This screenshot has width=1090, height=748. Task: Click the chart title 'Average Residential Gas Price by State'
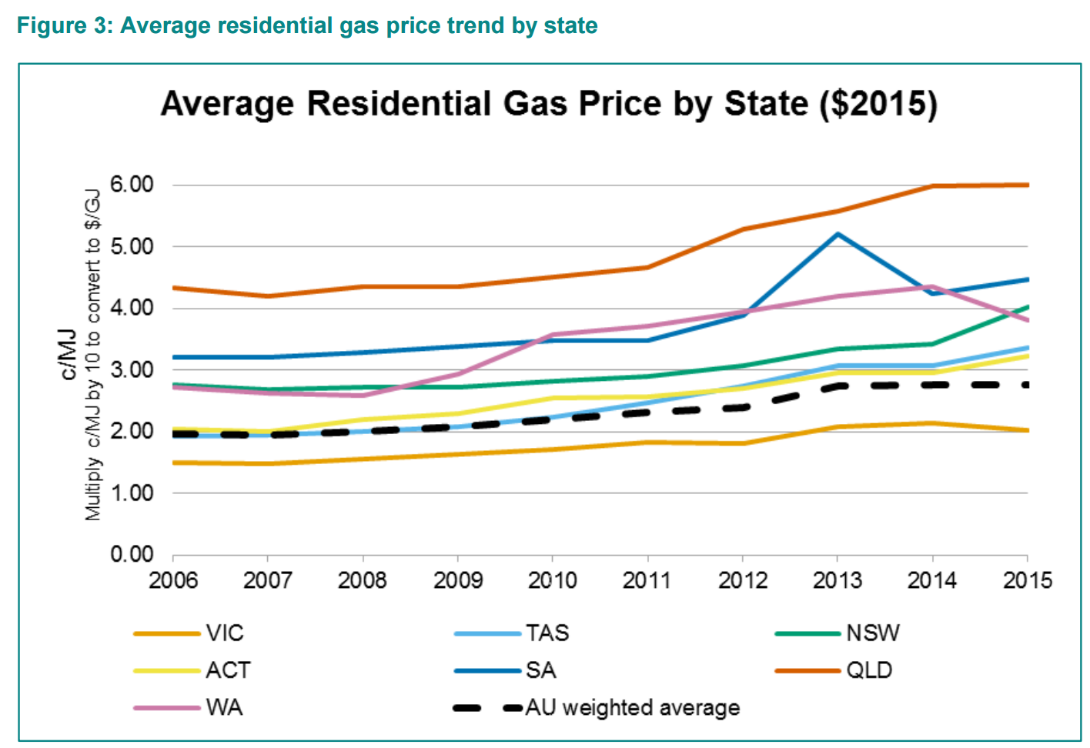(548, 104)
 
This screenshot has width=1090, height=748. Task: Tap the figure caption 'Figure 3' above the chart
(306, 25)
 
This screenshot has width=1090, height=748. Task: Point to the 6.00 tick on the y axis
(132, 185)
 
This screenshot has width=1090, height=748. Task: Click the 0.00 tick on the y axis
(132, 554)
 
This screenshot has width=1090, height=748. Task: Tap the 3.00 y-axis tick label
(132, 369)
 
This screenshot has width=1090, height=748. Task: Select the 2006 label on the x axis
(173, 580)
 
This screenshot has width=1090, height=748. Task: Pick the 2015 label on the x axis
(1028, 580)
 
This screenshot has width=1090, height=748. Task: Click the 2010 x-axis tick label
(553, 580)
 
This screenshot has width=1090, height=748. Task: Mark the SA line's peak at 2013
(838, 234)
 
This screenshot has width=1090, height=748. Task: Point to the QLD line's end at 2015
(1028, 185)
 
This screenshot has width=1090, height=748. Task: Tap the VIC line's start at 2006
(174, 462)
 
